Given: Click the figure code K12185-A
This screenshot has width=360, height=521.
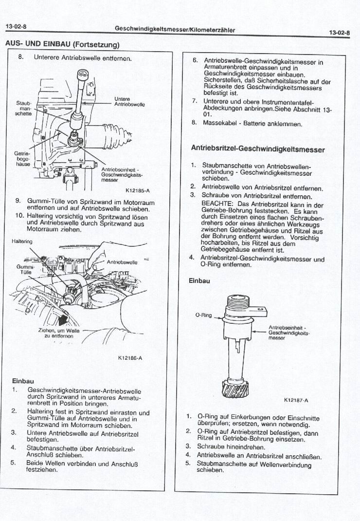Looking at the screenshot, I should (138, 191).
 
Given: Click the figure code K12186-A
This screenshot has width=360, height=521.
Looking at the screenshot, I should (130, 358).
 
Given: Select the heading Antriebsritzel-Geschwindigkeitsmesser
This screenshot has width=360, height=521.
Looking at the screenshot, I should (258, 149).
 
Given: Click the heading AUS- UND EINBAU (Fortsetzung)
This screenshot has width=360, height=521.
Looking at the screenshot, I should (62, 44).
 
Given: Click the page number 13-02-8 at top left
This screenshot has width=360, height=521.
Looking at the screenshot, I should (16, 25).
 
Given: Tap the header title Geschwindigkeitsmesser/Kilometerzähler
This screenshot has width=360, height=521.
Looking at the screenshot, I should (175, 29).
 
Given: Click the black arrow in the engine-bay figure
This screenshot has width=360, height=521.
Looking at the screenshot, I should (64, 319).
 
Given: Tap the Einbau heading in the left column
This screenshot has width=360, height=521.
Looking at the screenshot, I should (23, 380).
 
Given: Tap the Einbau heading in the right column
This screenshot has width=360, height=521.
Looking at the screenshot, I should (199, 280).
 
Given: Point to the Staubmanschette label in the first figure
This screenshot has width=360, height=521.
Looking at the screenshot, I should (23, 108).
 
